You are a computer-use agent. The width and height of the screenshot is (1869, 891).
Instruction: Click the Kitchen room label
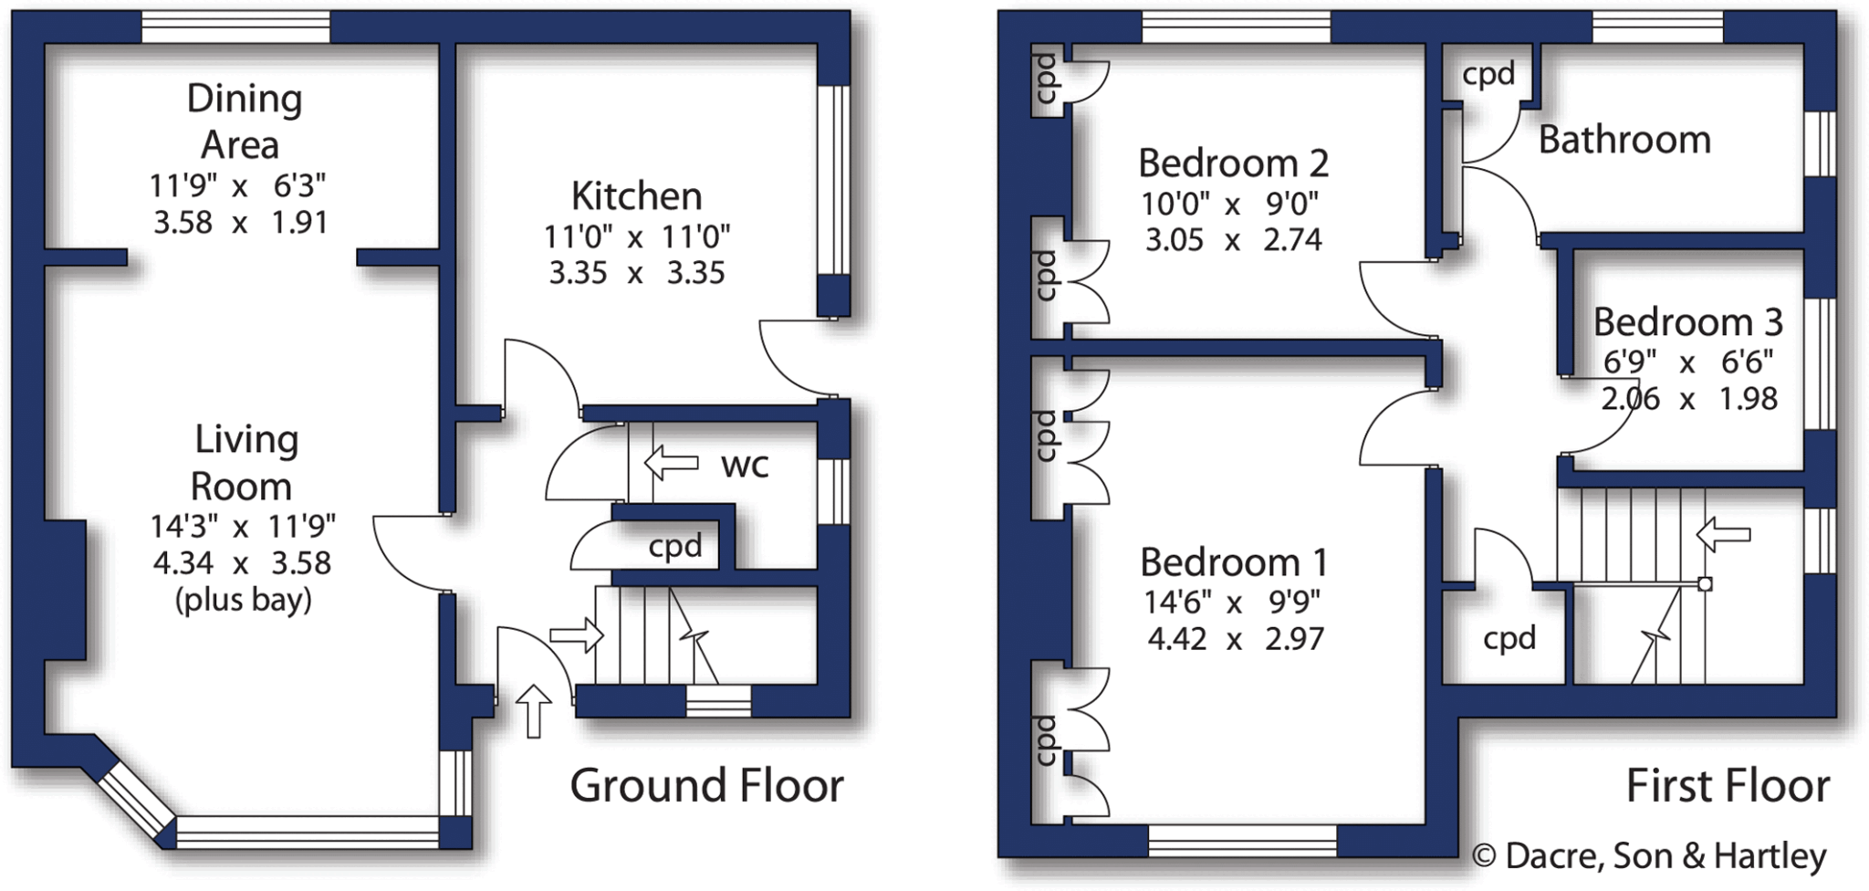(x=636, y=196)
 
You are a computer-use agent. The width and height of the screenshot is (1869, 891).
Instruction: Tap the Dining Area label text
(x=243, y=121)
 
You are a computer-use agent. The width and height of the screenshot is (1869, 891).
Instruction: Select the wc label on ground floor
(x=745, y=465)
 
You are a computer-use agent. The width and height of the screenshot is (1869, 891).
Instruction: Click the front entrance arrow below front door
(x=534, y=711)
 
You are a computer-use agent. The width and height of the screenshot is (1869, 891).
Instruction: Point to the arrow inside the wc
(x=671, y=462)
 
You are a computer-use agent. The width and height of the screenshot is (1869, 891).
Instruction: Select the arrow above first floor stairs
(x=1723, y=534)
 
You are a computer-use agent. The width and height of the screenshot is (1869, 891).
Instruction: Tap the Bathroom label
(x=1624, y=140)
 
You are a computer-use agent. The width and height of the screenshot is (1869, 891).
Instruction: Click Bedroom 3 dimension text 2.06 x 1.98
(x=1689, y=399)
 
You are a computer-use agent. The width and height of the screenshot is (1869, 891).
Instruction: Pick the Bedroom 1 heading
(x=1233, y=561)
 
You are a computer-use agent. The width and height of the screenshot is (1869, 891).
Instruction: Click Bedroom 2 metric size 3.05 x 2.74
(x=1233, y=240)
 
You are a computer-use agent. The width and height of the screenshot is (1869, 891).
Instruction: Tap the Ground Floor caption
(x=706, y=785)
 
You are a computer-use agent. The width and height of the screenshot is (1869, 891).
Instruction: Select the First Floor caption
(x=1728, y=786)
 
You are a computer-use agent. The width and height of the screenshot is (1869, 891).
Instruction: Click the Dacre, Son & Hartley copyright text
(x=1649, y=855)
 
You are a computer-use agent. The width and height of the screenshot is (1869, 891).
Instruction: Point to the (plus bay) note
(x=243, y=600)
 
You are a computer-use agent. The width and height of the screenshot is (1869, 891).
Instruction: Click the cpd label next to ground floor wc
(x=675, y=546)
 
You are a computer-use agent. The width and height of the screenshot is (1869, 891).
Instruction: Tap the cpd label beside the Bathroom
(x=1488, y=74)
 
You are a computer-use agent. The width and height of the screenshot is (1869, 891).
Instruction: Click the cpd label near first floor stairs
(x=1509, y=637)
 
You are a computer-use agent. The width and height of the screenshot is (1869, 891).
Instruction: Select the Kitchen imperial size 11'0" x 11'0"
(x=636, y=237)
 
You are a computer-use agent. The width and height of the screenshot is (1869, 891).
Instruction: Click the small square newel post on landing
(x=1704, y=584)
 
